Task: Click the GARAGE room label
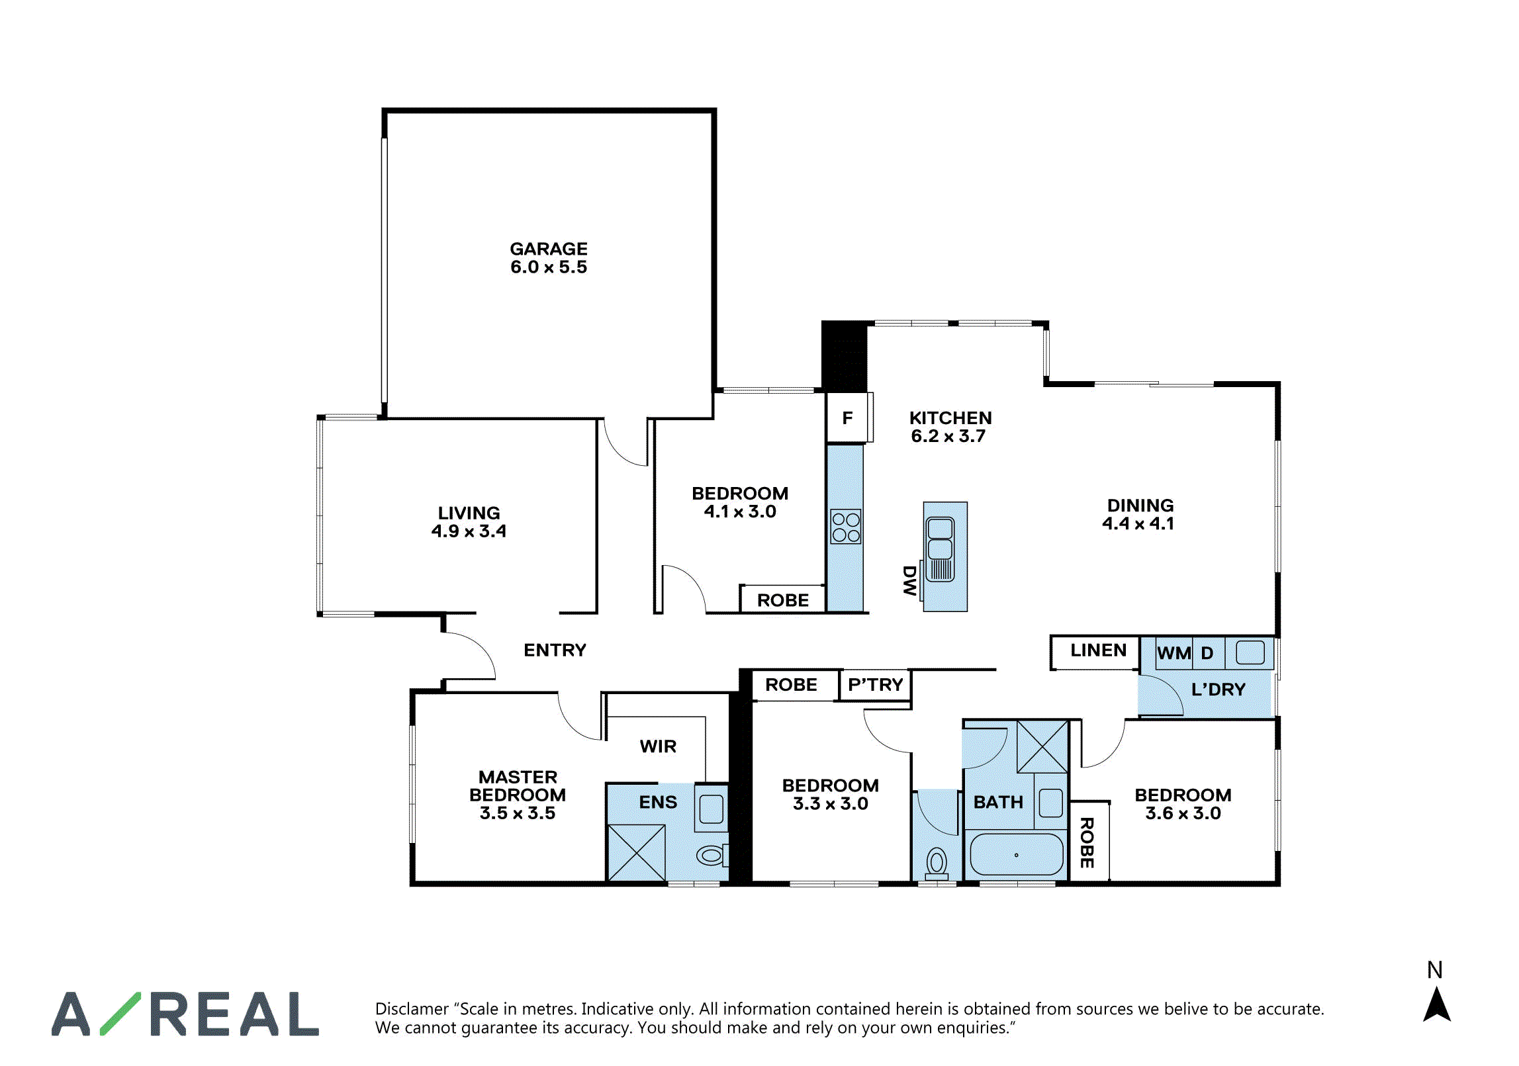click(549, 249)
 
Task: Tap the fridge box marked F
click(847, 418)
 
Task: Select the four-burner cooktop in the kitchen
click(846, 527)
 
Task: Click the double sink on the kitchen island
click(940, 549)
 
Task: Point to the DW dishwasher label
click(910, 580)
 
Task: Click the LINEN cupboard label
click(1098, 650)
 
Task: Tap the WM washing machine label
click(1174, 654)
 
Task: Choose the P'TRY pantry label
click(876, 685)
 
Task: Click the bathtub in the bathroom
click(1016, 855)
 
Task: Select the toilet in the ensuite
click(712, 856)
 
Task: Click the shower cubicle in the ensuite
click(636, 852)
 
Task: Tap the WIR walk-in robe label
click(658, 746)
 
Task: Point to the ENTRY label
click(555, 650)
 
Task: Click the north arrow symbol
click(1437, 1004)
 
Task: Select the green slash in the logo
click(120, 1013)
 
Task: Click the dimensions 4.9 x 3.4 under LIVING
click(469, 531)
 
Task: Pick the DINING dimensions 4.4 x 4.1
click(1138, 524)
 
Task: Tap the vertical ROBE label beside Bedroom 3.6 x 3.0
click(1087, 843)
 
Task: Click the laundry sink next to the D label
click(1250, 653)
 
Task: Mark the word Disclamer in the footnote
click(412, 1009)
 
